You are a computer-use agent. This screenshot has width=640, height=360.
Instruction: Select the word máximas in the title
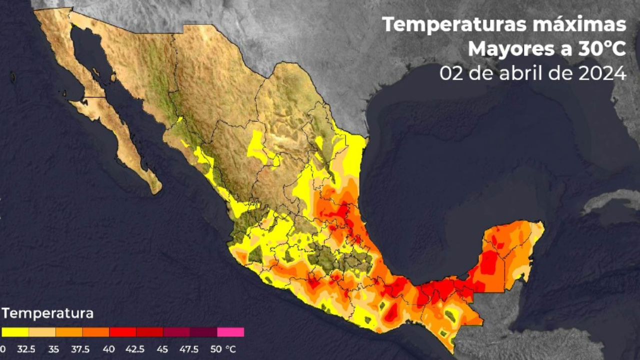[583, 24]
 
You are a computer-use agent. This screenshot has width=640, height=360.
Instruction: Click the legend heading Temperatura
[47, 313]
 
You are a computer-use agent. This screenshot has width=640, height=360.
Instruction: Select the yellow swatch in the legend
[15, 332]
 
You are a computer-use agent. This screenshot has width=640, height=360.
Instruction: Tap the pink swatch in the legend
[230, 332]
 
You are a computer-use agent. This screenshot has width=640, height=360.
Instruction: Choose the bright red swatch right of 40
[123, 332]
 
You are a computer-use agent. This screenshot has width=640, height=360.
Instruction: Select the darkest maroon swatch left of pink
[203, 332]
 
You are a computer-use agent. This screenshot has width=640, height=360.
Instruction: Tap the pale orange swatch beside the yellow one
[42, 332]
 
